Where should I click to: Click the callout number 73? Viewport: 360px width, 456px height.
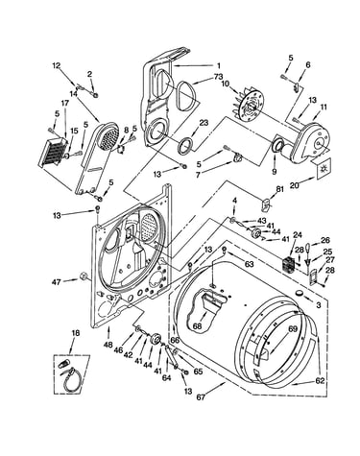tap(218, 77)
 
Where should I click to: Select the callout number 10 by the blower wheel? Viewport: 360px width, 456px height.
tap(225, 84)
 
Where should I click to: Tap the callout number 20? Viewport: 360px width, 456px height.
tap(294, 185)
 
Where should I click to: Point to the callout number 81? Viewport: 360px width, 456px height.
tap(279, 189)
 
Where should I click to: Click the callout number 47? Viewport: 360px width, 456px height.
tap(56, 282)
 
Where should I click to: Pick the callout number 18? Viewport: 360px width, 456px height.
tap(75, 333)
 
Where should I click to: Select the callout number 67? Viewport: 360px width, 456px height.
tap(201, 397)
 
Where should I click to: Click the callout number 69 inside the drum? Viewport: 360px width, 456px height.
tap(293, 329)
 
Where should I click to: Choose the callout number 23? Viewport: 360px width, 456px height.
tap(204, 122)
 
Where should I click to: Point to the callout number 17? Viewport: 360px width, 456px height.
tap(65, 103)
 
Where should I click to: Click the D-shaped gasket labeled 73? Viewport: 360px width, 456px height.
tap(185, 96)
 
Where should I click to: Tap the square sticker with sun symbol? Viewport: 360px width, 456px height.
tap(323, 168)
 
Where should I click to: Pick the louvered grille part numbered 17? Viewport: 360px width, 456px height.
tap(54, 152)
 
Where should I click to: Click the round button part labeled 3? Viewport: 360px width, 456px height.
tap(300, 292)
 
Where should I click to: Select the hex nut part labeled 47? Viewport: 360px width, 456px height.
tap(84, 276)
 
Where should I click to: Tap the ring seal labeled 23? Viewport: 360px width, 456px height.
tap(185, 145)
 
